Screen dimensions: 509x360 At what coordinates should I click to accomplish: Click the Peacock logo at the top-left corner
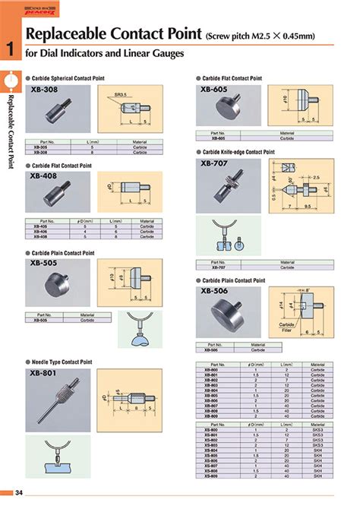pyautogui.click(x=11, y=7)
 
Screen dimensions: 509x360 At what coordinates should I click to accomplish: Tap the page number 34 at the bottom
pyautogui.click(x=19, y=495)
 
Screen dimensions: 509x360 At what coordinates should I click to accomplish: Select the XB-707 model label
pyautogui.click(x=215, y=163)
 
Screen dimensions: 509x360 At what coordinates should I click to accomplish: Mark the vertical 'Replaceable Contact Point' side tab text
pyautogui.click(x=10, y=129)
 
